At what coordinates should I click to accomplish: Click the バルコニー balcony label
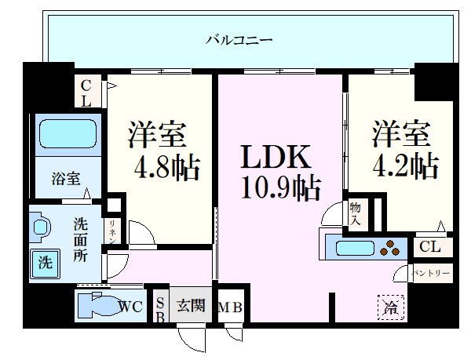pyautogui.click(x=239, y=40)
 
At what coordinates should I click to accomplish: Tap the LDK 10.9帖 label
pyautogui.click(x=280, y=172)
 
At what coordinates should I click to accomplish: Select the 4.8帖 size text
pyautogui.click(x=166, y=167)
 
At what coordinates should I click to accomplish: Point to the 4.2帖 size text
pyautogui.click(x=406, y=165)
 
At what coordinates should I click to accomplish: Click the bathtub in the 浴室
pyautogui.click(x=68, y=134)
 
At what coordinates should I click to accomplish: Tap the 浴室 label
pyautogui.click(x=66, y=179)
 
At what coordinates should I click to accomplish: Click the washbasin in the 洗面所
pyautogui.click(x=40, y=227)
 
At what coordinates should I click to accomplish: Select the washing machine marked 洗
pyautogui.click(x=46, y=263)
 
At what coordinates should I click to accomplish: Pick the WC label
pyautogui.click(x=130, y=307)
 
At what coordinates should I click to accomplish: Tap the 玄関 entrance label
pyautogui.click(x=191, y=306)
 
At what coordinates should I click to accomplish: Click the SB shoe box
pyautogui.click(x=161, y=307)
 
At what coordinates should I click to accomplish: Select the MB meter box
pyautogui.click(x=230, y=307)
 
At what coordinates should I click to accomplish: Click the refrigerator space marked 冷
pyautogui.click(x=390, y=307)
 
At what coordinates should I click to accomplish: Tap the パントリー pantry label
pyautogui.click(x=430, y=273)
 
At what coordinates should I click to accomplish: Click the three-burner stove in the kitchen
pyautogui.click(x=390, y=248)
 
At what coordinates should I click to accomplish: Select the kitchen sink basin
pyautogui.click(x=355, y=248)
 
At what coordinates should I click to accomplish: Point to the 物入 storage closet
pyautogui.click(x=356, y=214)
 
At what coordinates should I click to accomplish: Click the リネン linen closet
pyautogui.click(x=112, y=231)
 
